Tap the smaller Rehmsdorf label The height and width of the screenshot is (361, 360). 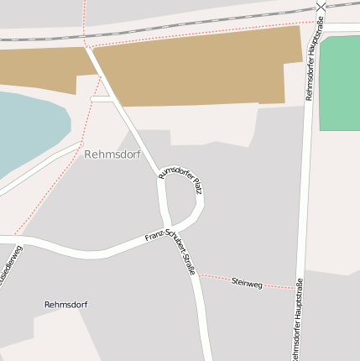[65, 304]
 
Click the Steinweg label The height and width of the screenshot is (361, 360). [247, 284]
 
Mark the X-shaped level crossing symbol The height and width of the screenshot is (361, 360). [321, 8]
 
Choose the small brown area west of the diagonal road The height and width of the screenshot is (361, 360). [38, 67]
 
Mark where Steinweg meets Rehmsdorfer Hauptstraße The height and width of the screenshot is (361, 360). [299, 288]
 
